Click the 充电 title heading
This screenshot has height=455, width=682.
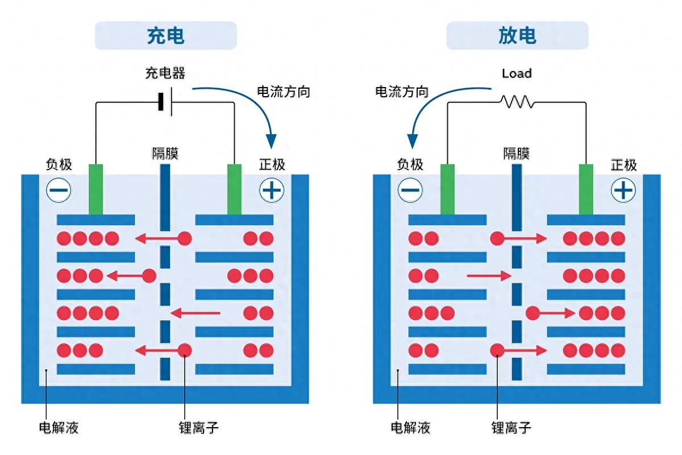165,35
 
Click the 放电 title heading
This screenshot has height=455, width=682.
517,35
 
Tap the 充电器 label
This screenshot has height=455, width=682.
165,73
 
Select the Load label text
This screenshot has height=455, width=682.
517,73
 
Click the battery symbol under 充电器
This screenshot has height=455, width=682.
165,102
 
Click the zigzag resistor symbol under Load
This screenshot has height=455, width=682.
516,102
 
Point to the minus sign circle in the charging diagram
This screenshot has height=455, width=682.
59,191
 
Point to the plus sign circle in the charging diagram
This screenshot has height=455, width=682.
272,191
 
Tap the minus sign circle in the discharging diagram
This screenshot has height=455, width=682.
410,191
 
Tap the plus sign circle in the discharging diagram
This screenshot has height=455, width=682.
623,191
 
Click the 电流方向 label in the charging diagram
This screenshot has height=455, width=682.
284,91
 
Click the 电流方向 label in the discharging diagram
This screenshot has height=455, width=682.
402,91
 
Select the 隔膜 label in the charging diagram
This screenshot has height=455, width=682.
165,153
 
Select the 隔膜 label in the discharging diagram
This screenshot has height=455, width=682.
516,153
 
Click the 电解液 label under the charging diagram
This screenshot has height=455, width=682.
58,428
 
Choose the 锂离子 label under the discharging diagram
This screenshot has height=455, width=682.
511,428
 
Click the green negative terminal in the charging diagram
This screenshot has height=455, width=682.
96,189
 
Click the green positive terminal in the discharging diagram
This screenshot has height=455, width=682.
586,189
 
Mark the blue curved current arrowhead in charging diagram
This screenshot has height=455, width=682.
271,140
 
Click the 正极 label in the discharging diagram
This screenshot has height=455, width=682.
623,165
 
